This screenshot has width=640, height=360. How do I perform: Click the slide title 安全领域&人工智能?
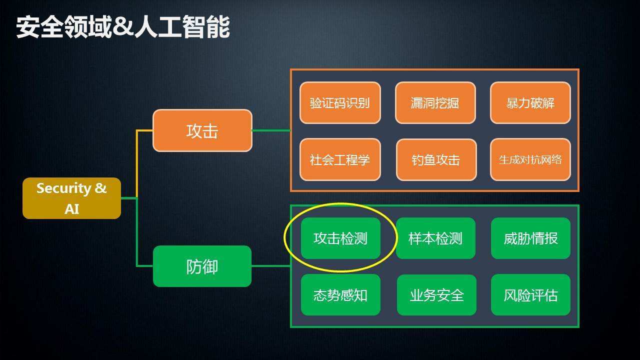[123, 27]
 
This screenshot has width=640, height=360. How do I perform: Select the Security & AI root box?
[71, 198]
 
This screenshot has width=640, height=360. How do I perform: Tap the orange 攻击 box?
[202, 130]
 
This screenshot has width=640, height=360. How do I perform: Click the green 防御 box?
[202, 266]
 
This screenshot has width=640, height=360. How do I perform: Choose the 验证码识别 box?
[340, 103]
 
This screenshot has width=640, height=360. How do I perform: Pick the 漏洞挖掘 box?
[435, 103]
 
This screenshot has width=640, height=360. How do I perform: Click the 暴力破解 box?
[530, 103]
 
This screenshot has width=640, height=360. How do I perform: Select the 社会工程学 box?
[340, 159]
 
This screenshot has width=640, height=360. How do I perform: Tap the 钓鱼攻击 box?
[436, 159]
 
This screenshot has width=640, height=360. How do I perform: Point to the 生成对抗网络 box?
[530, 159]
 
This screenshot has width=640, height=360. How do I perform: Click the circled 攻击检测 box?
[340, 238]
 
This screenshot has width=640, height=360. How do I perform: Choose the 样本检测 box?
[435, 238]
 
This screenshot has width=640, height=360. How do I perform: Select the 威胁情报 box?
[530, 238]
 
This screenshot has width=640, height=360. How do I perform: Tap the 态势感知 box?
[340, 295]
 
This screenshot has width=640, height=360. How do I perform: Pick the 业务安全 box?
[436, 295]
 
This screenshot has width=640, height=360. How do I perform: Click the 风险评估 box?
[530, 295]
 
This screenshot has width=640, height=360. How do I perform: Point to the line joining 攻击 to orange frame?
[271, 130]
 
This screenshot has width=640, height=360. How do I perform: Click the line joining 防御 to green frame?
[271, 266]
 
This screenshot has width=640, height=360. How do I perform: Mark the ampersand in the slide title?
[121, 27]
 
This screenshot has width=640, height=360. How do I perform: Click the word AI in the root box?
[71, 208]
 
